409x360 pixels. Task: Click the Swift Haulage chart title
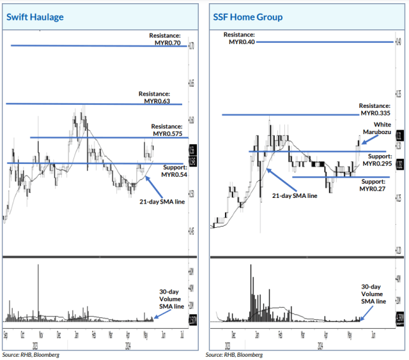tap(35, 17)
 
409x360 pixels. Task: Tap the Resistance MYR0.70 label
tap(166, 38)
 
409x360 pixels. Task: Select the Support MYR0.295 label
tap(376, 160)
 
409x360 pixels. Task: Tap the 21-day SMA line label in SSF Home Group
tap(294, 196)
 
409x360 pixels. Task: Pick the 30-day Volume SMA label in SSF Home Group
tap(373, 294)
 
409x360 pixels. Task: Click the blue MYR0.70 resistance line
tap(96, 45)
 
